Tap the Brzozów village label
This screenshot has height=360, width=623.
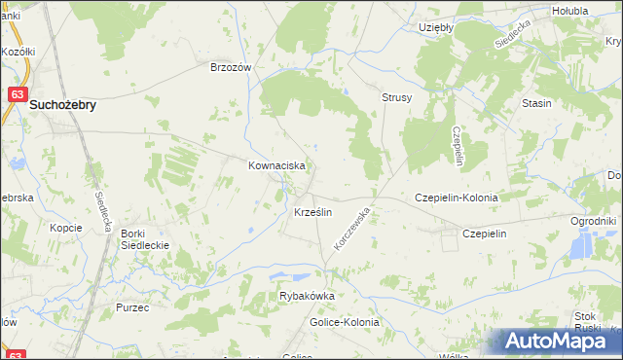click(232, 68)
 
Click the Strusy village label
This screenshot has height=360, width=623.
click(397, 98)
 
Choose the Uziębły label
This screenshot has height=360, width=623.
click(436, 27)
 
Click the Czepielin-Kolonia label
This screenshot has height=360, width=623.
click(457, 198)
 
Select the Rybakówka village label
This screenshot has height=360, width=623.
click(307, 297)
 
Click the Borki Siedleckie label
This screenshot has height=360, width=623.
click(145, 239)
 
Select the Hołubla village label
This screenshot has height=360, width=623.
click(569, 11)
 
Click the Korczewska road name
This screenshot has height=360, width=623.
click(353, 228)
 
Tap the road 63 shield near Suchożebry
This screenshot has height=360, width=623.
click(18, 93)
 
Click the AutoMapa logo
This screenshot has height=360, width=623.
click(556, 342)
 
